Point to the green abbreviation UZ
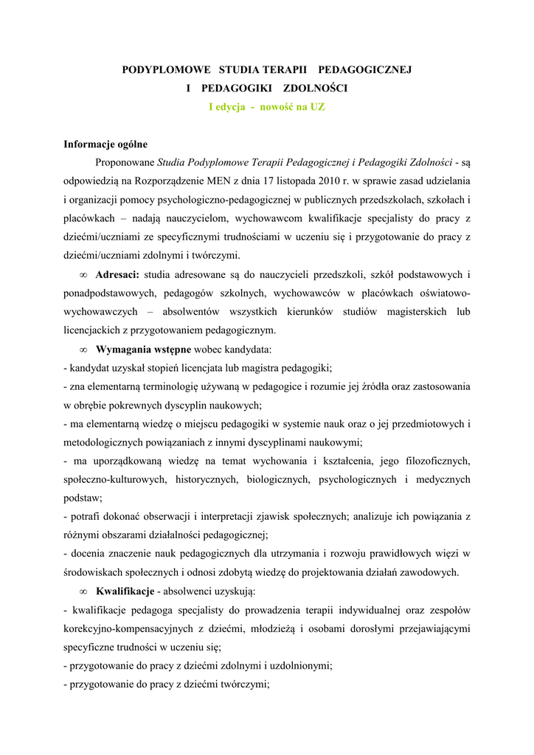tap(317, 107)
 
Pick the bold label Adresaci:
tap(118, 275)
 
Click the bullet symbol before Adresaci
tap(83, 275)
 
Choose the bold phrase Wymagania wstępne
tap(144, 349)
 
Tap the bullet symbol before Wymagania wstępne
tap(83, 349)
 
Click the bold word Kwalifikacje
tap(125, 591)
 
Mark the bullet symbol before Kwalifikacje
tap(83, 591)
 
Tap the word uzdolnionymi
tap(299, 666)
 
